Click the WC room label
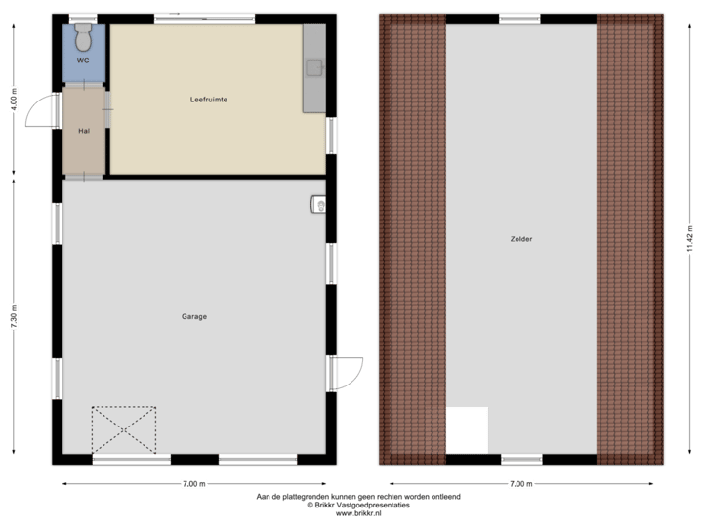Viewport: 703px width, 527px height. click(x=83, y=61)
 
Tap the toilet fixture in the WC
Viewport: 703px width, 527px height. click(x=84, y=38)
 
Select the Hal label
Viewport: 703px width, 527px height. click(x=84, y=130)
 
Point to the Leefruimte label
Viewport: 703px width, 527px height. click(x=209, y=101)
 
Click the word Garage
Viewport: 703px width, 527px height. click(x=194, y=316)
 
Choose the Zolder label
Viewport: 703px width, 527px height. click(x=521, y=239)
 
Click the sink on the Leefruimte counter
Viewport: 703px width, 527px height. click(x=314, y=67)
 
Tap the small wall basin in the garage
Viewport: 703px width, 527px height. click(x=318, y=204)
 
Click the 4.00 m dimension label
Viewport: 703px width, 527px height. click(x=14, y=101)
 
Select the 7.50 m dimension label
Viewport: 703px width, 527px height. click(x=14, y=318)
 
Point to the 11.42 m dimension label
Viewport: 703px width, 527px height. click(x=689, y=238)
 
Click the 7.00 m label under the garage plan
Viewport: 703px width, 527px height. click(x=194, y=483)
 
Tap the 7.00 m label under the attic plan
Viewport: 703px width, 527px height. click(x=521, y=483)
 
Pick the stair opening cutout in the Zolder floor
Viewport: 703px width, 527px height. click(x=467, y=430)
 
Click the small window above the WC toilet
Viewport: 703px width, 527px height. click(x=85, y=17)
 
